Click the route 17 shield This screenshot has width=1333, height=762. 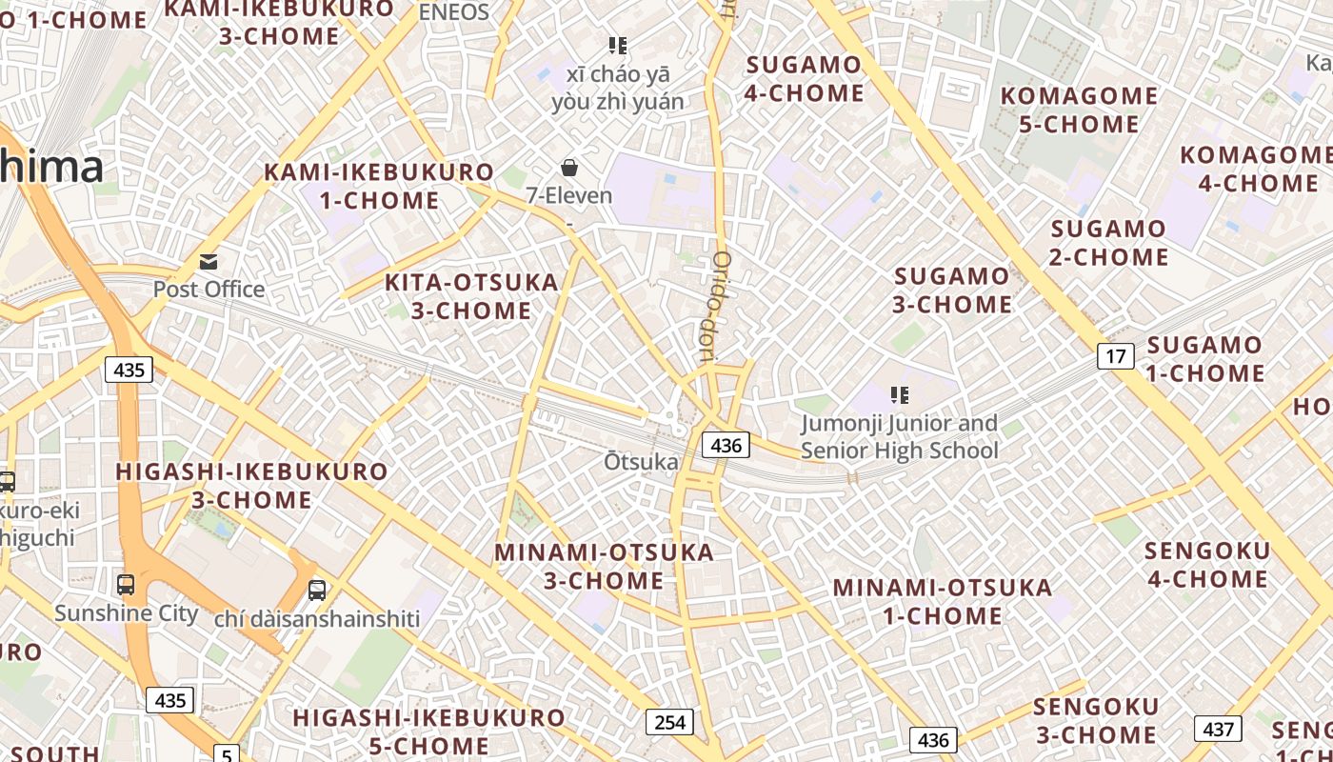pos(1115,356)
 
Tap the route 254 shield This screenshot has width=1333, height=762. pos(669,722)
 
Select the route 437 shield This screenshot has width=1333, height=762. pos(1218,730)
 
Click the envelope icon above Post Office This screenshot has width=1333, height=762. pos(209,261)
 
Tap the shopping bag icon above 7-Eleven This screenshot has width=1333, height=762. pos(569,168)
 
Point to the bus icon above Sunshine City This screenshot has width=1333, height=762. pos(125,584)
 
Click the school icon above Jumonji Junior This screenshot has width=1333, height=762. pos(899,394)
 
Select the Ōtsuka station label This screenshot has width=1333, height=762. pos(642,462)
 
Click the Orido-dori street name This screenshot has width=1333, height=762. pos(715,308)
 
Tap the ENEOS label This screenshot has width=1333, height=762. pos(454,12)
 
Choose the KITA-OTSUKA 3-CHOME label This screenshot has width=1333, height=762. pos(471,296)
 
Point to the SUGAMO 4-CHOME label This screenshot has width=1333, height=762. pos(805,79)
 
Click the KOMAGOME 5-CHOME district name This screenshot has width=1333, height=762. pos(1079,110)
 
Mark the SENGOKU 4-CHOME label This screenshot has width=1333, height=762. pos(1206,565)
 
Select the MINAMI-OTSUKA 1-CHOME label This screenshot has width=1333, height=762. pos(943,601)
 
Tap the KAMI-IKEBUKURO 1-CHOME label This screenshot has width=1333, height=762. pos(379,187)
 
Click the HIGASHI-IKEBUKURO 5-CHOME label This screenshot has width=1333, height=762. pos(428,732)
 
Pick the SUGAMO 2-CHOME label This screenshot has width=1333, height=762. pos(1108,243)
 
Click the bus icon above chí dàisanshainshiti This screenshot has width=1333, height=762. pos(317,590)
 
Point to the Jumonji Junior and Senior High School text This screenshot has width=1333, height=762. pos(899,436)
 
